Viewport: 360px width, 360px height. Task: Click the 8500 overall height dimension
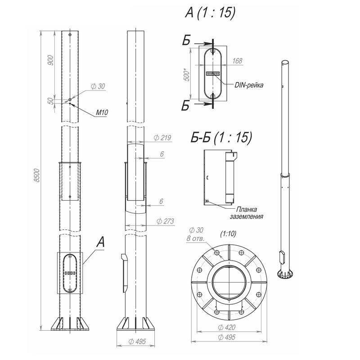37,175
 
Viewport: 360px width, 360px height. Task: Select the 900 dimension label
51,60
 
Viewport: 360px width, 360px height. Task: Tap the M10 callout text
102,112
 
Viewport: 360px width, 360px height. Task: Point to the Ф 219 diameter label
162,138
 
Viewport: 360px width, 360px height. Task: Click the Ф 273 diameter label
165,221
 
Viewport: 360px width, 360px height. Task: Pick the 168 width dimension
237,61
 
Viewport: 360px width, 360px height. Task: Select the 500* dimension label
187,74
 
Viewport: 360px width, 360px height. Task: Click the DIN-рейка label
249,85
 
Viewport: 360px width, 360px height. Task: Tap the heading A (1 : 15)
210,12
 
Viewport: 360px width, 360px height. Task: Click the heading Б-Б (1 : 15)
221,138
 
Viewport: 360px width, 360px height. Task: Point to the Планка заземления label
247,213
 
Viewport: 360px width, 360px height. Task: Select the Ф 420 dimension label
227,327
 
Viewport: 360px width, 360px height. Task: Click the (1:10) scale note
228,234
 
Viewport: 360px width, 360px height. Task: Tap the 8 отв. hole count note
195,238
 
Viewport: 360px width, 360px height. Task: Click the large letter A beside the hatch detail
100,242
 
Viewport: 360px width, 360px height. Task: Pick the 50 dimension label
51,101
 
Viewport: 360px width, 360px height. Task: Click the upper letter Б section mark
186,40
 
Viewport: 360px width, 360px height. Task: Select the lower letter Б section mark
185,106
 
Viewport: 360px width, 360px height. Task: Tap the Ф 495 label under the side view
137,342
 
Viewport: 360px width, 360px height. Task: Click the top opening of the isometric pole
285,63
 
